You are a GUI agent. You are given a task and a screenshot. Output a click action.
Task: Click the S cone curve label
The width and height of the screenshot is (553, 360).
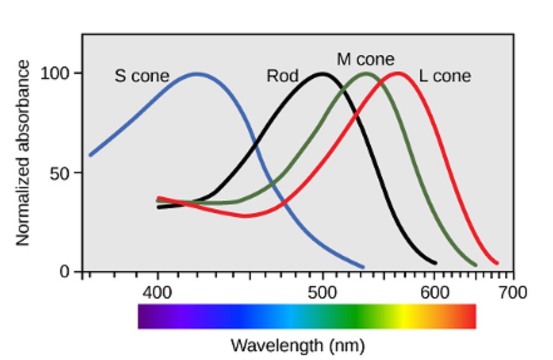pyautogui.click(x=142, y=77)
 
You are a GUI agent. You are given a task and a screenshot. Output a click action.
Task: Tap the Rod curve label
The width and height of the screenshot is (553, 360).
pyautogui.click(x=282, y=77)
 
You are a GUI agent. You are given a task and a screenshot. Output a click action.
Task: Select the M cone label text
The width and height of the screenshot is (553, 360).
pyautogui.click(x=366, y=60)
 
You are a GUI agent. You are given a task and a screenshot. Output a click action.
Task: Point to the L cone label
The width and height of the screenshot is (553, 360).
pyautogui.click(x=445, y=77)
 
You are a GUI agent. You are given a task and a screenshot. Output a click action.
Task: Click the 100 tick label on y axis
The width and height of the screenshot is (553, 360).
pyautogui.click(x=55, y=73)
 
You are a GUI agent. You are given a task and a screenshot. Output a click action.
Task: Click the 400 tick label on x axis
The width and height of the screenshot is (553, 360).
pyautogui.click(x=157, y=292)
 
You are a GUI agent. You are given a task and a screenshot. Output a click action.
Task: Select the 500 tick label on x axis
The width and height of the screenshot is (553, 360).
pyautogui.click(x=323, y=292)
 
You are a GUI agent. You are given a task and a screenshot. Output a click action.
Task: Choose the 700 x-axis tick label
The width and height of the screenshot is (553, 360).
pyautogui.click(x=513, y=292)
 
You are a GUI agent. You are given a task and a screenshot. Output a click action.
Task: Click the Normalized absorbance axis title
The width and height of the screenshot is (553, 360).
pyautogui.click(x=23, y=153)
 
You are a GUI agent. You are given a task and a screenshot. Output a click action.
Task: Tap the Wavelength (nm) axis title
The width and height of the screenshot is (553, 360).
pyautogui.click(x=297, y=345)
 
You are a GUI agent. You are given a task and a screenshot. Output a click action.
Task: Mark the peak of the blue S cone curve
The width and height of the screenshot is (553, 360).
pyautogui.click(x=197, y=73)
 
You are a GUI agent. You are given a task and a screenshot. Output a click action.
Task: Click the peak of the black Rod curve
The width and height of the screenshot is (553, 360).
pyautogui.click(x=322, y=73)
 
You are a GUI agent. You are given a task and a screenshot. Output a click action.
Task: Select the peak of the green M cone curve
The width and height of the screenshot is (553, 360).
pyautogui.click(x=367, y=73)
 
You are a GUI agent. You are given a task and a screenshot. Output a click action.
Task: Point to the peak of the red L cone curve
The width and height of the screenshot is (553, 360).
pyautogui.click(x=398, y=73)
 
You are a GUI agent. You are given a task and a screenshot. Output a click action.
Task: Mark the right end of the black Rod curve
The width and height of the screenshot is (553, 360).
pyautogui.click(x=435, y=263)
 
